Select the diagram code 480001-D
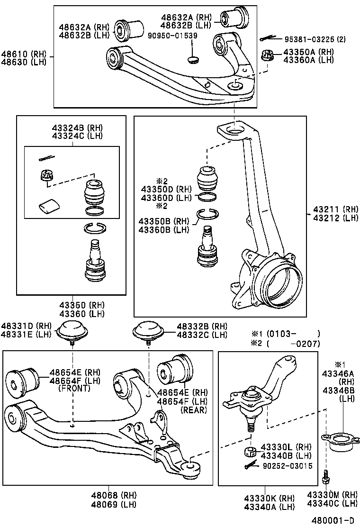tap(334, 520)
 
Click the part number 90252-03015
tap(288, 466)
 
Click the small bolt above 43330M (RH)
tap(326, 476)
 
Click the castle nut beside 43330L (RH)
tap(251, 451)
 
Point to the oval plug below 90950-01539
tap(192, 60)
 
